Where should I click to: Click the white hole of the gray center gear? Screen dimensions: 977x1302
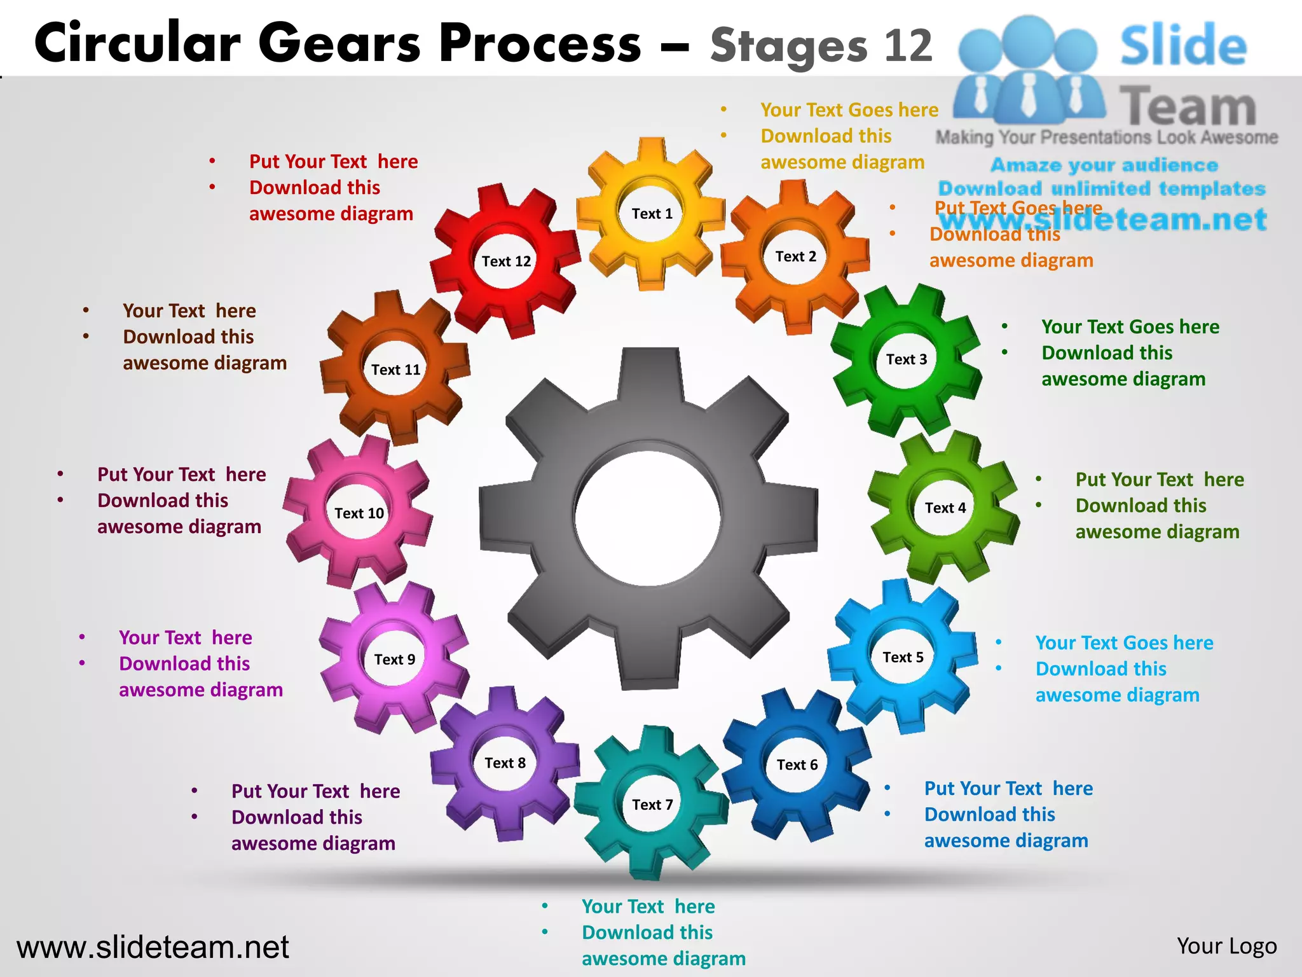click(x=648, y=518)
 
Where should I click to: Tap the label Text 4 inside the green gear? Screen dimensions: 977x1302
click(x=945, y=508)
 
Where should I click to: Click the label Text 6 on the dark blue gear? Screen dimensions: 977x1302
click(x=797, y=765)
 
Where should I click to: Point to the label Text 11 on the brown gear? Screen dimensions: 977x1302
click(x=395, y=370)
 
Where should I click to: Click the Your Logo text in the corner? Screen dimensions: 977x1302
click(x=1226, y=946)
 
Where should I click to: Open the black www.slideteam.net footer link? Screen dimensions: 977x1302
click(x=153, y=947)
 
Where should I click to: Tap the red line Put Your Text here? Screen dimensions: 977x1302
click(x=333, y=162)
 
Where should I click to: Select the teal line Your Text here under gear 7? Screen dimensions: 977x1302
click(x=648, y=906)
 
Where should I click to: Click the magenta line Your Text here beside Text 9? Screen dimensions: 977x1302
click(x=185, y=637)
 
